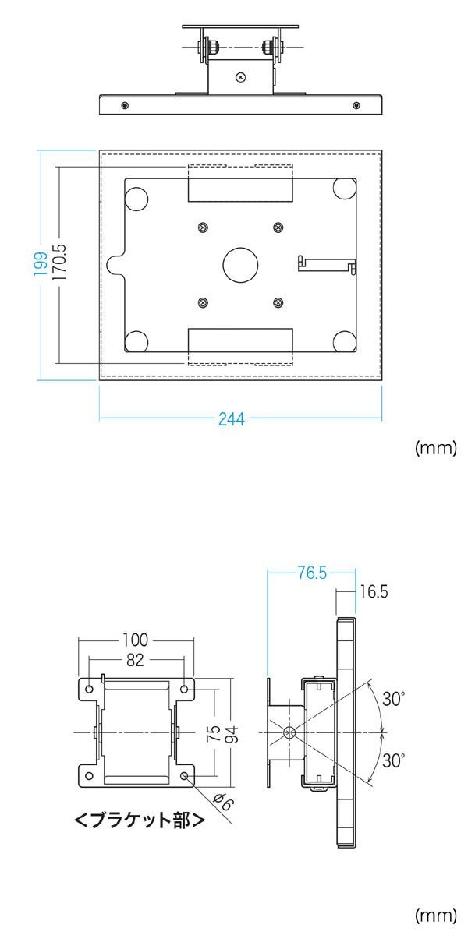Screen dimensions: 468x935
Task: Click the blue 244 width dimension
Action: click(232, 418)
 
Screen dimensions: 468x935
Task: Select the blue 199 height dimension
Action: click(41, 264)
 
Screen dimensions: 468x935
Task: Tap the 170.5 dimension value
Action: click(59, 262)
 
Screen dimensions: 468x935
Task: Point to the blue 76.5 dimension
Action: click(312, 573)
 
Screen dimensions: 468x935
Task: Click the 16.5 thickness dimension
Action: click(374, 591)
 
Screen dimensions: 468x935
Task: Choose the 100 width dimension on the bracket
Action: click(136, 640)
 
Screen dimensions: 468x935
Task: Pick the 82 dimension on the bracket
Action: click(135, 660)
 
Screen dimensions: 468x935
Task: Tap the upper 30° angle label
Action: click(394, 699)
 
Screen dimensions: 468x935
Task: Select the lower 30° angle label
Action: click(394, 760)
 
